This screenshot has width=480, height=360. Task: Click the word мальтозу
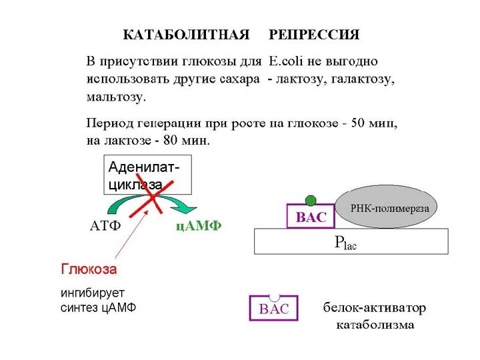point(116,97)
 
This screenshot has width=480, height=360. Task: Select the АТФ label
point(105,225)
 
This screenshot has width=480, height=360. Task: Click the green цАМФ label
point(198,225)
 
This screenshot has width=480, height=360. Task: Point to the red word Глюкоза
point(89,270)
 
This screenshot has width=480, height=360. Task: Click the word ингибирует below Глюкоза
point(93,293)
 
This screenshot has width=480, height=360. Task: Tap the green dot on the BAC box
point(309,200)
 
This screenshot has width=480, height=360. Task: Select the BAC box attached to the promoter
point(311,217)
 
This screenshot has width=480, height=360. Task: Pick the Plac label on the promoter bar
point(346,243)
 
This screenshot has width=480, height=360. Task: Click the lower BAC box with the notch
point(273,309)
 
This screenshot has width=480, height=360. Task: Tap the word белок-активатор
point(375,309)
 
